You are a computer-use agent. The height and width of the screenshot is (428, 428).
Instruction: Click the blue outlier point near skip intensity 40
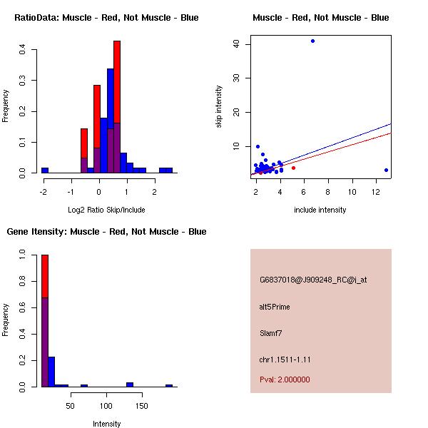pyautogui.click(x=312, y=41)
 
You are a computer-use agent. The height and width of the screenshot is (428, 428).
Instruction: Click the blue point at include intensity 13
pyautogui.click(x=386, y=170)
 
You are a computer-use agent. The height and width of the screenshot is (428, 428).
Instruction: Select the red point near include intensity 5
pyautogui.click(x=293, y=168)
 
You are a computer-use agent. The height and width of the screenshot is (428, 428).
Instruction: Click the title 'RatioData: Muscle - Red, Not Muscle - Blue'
pyautogui.click(x=106, y=18)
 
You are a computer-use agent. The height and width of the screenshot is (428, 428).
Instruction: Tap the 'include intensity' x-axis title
pyautogui.click(x=320, y=210)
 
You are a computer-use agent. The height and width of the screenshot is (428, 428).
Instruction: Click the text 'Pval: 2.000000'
pyautogui.click(x=285, y=379)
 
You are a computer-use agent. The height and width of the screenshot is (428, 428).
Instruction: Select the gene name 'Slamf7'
pyautogui.click(x=272, y=332)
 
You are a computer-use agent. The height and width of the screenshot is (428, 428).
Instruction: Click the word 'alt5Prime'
pyautogui.click(x=275, y=307)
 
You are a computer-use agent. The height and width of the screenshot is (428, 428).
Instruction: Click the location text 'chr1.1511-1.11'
pyautogui.click(x=285, y=359)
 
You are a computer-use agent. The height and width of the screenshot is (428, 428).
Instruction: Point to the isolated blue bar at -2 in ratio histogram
pyautogui.click(x=45, y=170)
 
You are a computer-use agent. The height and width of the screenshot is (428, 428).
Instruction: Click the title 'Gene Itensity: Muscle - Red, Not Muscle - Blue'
pyautogui.click(x=106, y=232)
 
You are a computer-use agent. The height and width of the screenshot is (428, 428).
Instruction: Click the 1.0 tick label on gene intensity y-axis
pyautogui.click(x=23, y=253)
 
